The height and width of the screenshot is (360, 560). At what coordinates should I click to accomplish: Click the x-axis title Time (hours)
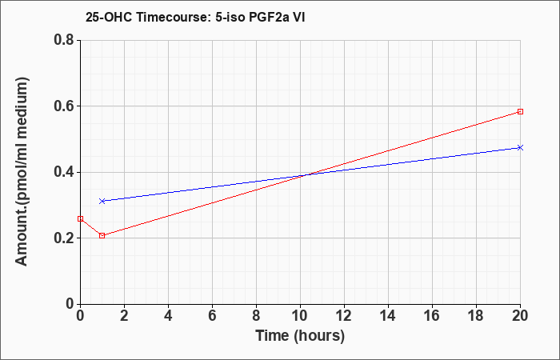[300, 336]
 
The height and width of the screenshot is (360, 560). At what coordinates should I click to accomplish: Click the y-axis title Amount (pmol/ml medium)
[22, 172]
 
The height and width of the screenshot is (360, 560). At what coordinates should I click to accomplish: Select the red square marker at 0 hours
[80, 218]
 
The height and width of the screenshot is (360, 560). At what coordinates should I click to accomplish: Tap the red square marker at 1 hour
[102, 236]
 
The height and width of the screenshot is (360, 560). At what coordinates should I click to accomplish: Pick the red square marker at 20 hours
[520, 112]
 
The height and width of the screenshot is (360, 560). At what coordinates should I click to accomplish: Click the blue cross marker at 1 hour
[102, 201]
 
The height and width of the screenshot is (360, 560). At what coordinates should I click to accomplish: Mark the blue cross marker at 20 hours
[520, 147]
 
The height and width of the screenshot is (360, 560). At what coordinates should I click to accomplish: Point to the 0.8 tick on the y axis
[65, 40]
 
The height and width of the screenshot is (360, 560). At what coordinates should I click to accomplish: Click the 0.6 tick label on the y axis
[65, 106]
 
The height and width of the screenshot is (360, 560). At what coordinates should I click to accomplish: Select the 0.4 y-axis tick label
[65, 172]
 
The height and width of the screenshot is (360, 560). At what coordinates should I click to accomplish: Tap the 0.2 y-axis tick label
[65, 238]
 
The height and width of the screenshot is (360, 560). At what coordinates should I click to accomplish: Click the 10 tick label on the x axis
[300, 316]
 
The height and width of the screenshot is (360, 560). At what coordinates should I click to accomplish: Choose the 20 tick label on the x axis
[520, 316]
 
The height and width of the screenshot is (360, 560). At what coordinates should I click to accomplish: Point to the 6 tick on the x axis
[212, 316]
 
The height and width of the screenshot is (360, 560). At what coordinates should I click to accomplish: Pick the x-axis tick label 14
[388, 316]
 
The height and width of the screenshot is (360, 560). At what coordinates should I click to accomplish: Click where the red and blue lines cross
[307, 174]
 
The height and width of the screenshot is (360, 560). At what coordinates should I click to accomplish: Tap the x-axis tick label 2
[124, 316]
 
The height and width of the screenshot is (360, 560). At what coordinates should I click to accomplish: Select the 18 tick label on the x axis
[476, 316]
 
